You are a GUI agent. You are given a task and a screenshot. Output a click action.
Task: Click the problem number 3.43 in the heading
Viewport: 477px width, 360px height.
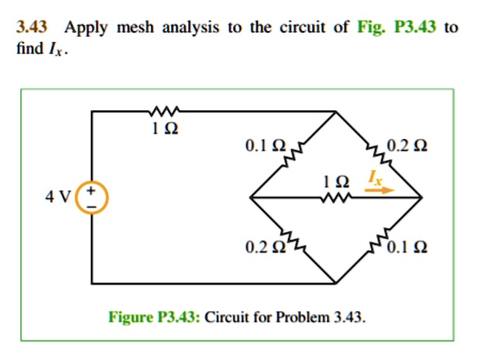coord(32,26)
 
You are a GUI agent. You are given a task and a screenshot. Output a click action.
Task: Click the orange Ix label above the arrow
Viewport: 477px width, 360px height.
coord(375,177)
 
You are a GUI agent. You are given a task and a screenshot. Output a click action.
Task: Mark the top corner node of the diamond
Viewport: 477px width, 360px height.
coord(336,112)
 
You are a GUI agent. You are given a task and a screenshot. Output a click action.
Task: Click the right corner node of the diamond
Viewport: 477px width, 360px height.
coord(421,197)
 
